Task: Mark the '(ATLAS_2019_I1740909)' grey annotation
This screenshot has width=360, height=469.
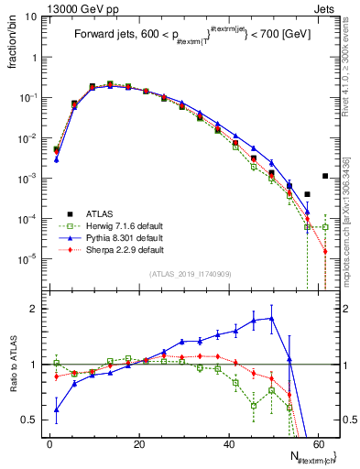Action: (x=191, y=274)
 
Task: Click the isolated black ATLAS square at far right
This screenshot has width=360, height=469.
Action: (x=325, y=176)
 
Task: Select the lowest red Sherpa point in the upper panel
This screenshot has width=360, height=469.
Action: (x=325, y=251)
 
